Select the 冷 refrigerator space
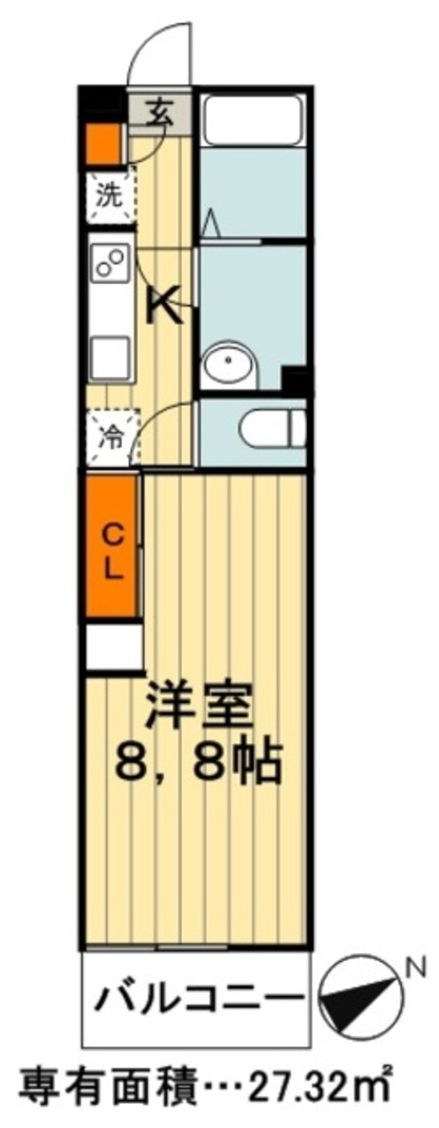tap(111, 437)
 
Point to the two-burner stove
tap(111, 264)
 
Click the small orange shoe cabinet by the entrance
tap(103, 145)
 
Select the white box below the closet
tap(113, 647)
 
